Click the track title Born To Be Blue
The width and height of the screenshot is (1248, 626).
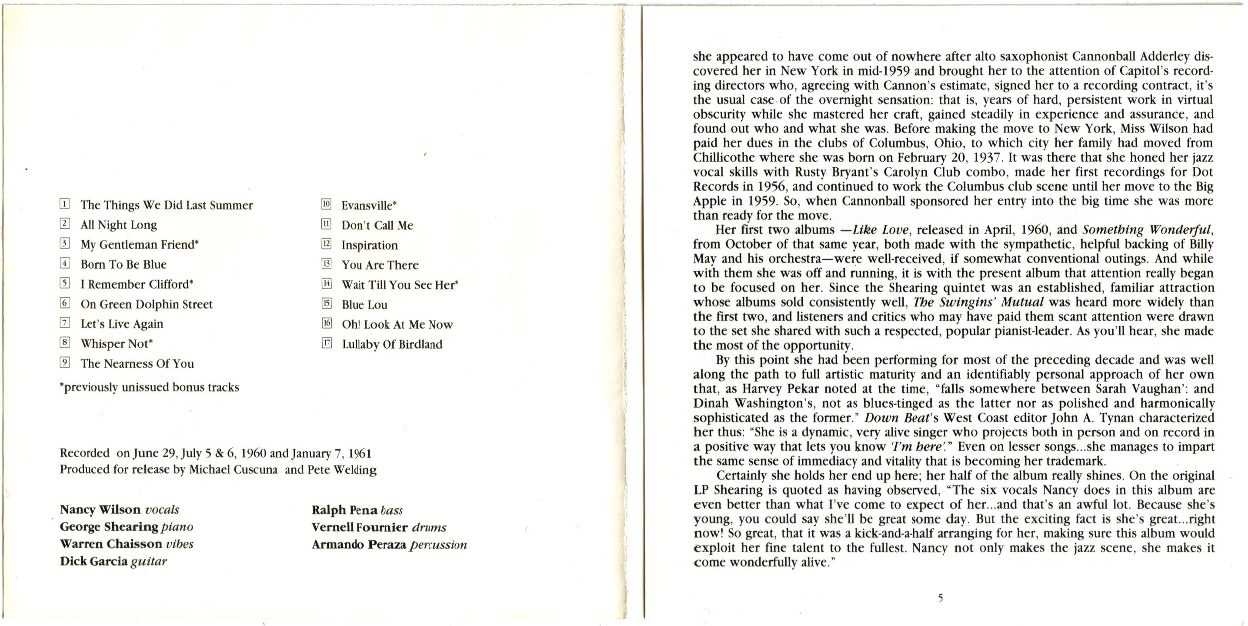coord(123,265)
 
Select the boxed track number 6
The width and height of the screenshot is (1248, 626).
coord(65,303)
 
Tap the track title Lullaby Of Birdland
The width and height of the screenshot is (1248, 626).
coord(392,344)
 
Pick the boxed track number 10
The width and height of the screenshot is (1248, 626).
coord(327,204)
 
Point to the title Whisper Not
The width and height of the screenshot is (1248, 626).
coord(116,344)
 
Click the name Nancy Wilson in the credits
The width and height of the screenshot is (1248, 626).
coord(100,510)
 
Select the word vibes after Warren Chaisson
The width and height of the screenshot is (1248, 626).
coord(179,544)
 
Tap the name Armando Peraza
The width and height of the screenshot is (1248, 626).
coord(358,545)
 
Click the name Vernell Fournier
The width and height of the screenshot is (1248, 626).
coord(360,527)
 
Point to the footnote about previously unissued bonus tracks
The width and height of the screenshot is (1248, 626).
coord(149,388)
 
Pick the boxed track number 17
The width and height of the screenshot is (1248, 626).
coord(327,343)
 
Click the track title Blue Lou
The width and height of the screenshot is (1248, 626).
coord(364,305)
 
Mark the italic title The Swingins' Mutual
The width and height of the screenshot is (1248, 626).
coord(978,302)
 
